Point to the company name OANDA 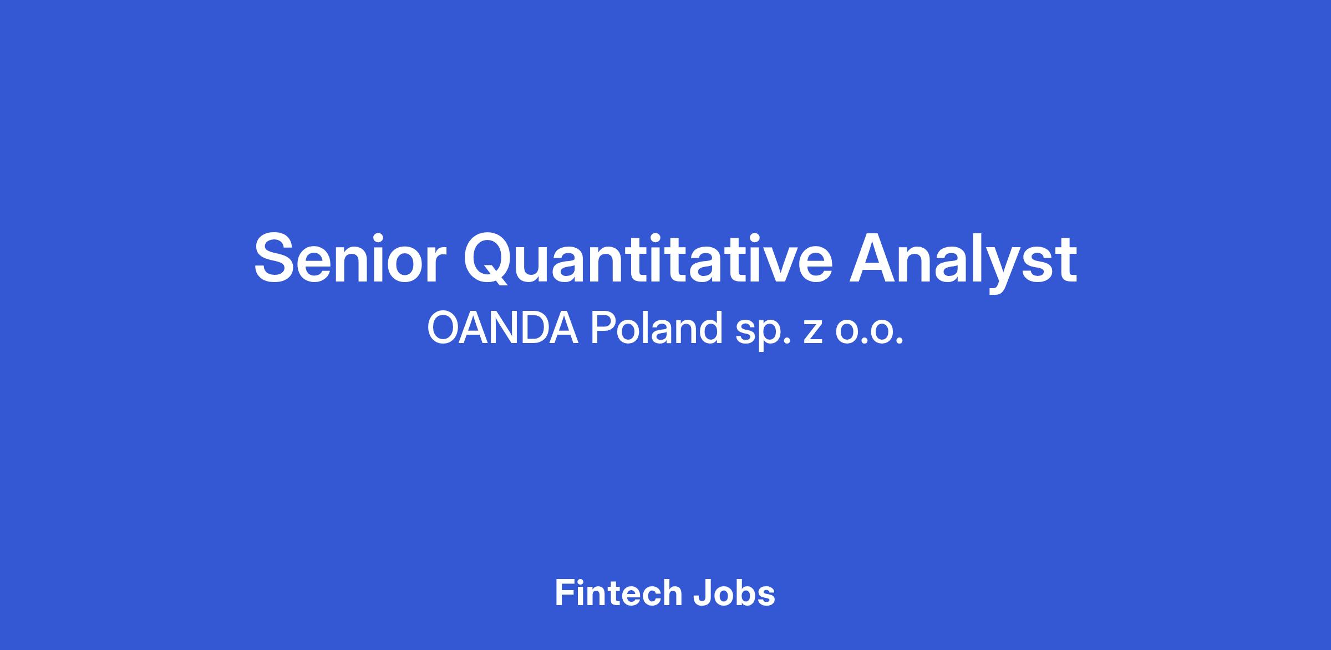tap(502, 328)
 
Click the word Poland tap(656, 328)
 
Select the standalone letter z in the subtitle tap(812, 332)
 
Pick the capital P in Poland tap(602, 328)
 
